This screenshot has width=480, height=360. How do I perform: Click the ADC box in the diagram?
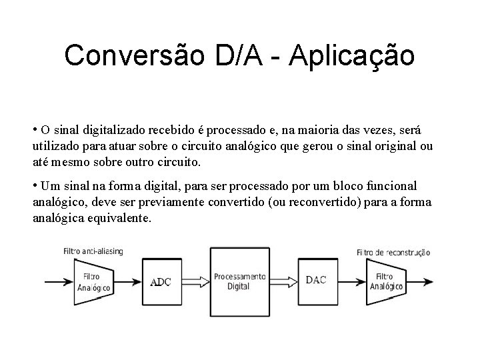[x=161, y=281]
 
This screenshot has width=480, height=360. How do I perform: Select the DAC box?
[x=316, y=281]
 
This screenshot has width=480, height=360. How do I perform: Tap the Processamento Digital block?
[x=239, y=281]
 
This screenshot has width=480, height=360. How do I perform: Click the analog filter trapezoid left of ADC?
[x=93, y=281]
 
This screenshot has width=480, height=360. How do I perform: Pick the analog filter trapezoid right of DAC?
[x=383, y=281]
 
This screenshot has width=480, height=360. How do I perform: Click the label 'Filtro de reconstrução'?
[x=393, y=253]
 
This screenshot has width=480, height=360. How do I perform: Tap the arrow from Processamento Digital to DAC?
[x=283, y=281]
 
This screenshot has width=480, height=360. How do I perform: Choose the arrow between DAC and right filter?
[x=350, y=281]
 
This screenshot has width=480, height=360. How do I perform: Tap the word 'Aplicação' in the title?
[x=352, y=56]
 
